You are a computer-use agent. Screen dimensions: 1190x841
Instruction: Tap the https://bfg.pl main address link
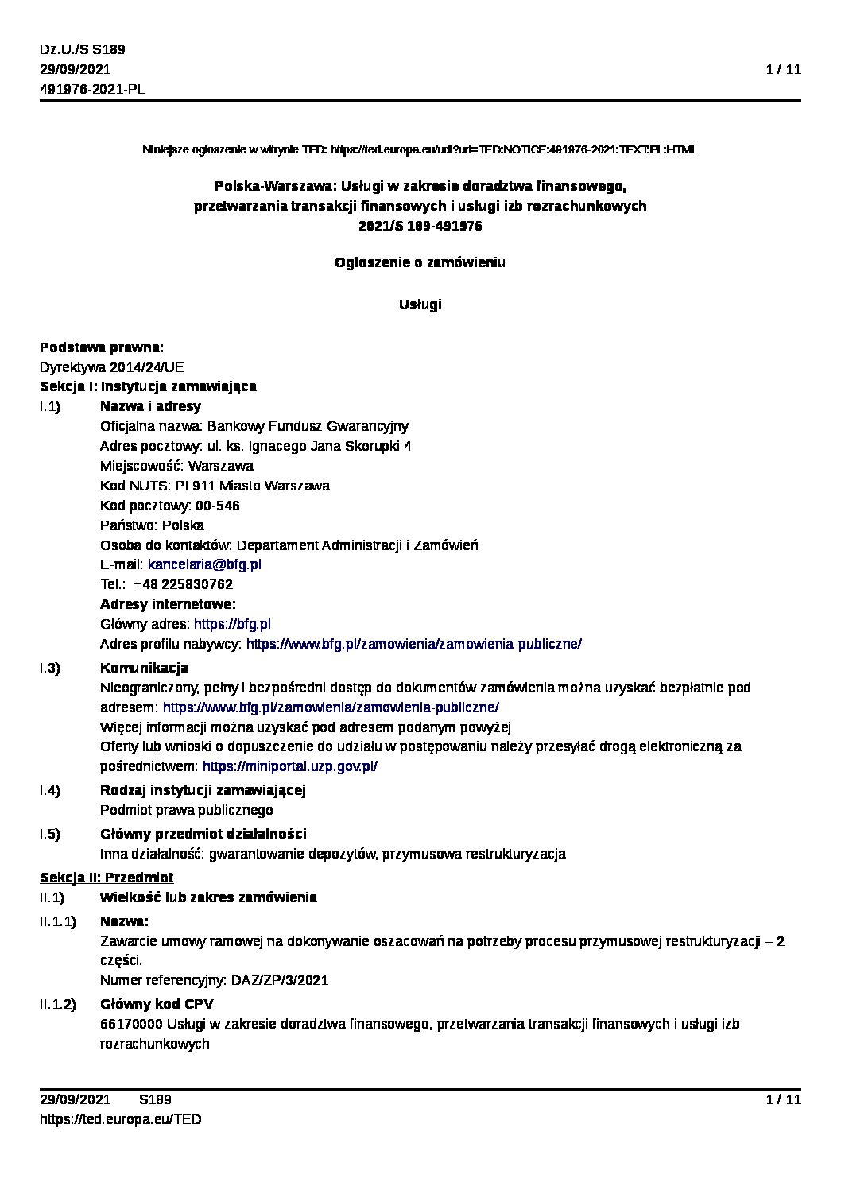coord(232,625)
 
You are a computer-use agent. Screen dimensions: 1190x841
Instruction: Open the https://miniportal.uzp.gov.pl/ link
coord(290,767)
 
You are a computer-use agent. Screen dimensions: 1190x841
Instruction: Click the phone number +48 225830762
coord(183,585)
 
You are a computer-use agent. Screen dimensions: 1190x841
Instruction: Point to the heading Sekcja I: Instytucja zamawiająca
coord(148,387)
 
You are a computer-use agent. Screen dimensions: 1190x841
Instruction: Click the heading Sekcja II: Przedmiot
coord(107,878)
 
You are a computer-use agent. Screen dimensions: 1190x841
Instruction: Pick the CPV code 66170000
coord(126,1024)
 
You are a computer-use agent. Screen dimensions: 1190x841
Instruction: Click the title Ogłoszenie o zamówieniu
coord(420,263)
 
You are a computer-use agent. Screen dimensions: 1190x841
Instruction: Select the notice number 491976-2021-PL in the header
coord(92,89)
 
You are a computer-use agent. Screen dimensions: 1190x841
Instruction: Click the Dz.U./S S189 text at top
coord(82,49)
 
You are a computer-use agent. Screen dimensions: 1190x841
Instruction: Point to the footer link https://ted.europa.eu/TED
coord(120,1119)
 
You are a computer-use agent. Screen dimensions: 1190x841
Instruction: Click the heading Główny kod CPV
coord(157,1004)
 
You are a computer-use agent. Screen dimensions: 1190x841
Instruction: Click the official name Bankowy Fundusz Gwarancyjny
coord(308,427)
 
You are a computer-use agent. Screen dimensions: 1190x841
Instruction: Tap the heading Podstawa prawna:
coord(102,347)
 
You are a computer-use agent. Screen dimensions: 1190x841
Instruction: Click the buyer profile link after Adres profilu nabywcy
coord(413,645)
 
